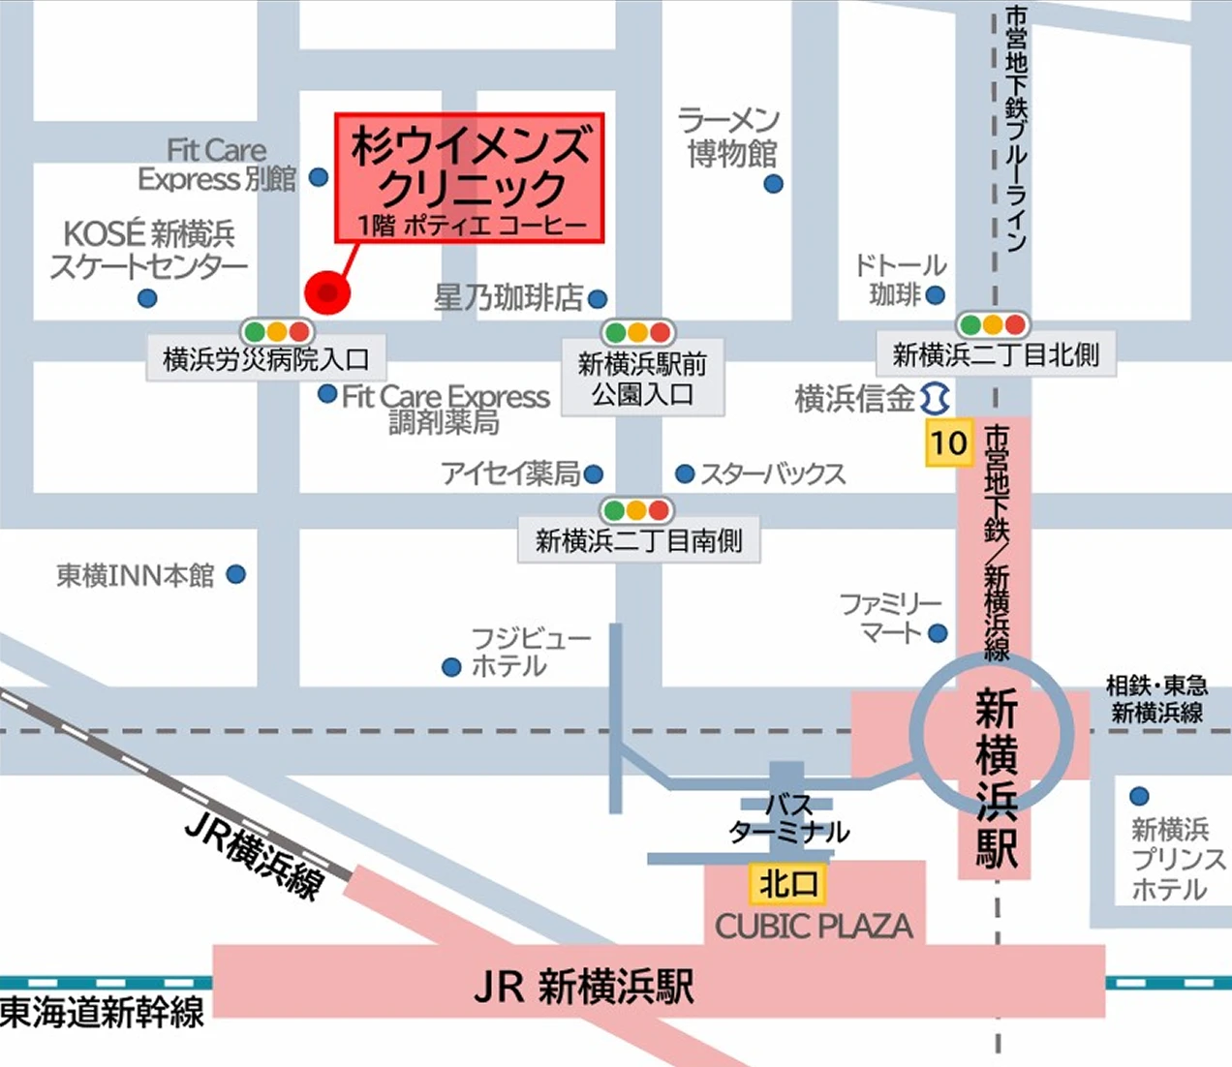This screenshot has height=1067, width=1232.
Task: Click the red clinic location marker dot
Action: pos(327,291)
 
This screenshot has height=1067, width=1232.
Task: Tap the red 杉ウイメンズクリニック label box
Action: pos(470,177)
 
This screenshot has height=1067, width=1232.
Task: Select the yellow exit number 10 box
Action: pos(948,443)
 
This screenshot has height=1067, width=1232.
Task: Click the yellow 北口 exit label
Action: pos(788,883)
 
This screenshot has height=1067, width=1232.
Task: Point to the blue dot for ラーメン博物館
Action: pos(773,183)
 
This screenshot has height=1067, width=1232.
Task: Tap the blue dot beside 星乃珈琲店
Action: pos(598,299)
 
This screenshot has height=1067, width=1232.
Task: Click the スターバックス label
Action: pos(772,473)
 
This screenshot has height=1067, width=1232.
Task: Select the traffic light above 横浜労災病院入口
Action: pos(277,332)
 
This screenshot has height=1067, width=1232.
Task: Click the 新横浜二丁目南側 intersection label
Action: pos(639,540)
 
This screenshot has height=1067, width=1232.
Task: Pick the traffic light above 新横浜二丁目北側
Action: pos(993,324)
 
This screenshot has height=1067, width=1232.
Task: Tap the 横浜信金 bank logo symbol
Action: pos(934,398)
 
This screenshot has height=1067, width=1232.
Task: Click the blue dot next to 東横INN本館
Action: pos(235,574)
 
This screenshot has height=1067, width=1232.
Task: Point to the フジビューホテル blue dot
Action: pos(450,667)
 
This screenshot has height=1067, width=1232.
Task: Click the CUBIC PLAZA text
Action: pos(814,927)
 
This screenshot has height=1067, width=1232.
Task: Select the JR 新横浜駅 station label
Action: pos(583,987)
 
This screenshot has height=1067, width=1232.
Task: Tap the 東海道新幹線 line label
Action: pos(102,1013)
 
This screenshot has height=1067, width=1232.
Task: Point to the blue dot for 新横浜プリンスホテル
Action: pos(1139,797)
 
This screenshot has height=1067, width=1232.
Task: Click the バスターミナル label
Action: pos(788,819)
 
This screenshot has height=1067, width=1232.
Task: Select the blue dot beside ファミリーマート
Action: pos(937,633)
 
